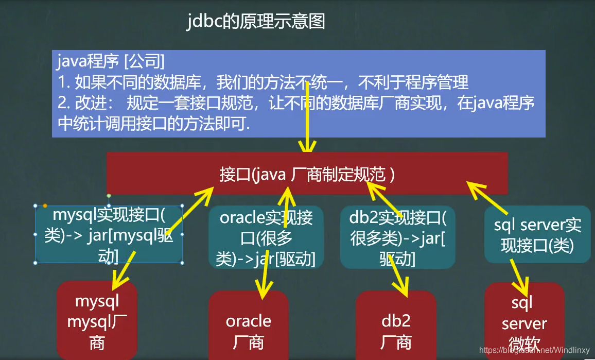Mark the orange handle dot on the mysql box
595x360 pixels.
[x=45, y=206]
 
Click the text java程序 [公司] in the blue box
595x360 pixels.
[x=111, y=62]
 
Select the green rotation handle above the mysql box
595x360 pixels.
[x=109, y=196]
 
